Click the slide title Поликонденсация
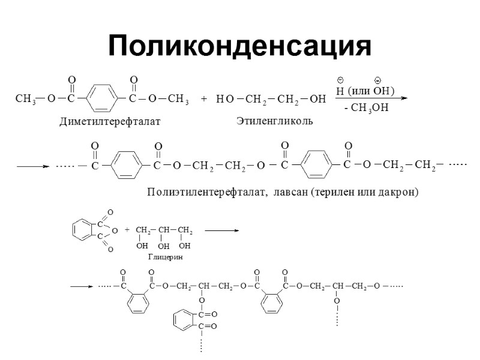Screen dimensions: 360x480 (x=239, y=46)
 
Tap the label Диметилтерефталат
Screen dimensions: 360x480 (x=110, y=122)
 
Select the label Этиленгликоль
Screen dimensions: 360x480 (x=275, y=121)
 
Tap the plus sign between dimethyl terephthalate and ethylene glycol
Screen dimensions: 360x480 (x=203, y=99)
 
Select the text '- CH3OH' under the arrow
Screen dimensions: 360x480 (x=366, y=108)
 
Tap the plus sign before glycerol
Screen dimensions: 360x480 (x=127, y=230)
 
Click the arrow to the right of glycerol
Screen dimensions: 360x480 (x=221, y=230)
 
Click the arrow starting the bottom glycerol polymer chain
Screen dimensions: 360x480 (x=80, y=286)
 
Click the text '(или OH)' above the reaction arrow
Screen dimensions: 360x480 (x=371, y=91)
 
